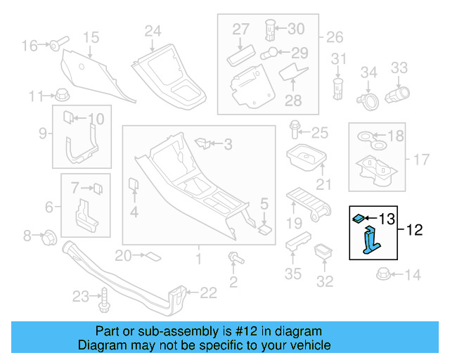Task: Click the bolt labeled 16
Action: tap(56, 45)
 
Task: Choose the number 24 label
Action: tap(153, 30)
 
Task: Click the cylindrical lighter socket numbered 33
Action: tap(397, 94)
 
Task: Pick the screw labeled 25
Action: tap(295, 131)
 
